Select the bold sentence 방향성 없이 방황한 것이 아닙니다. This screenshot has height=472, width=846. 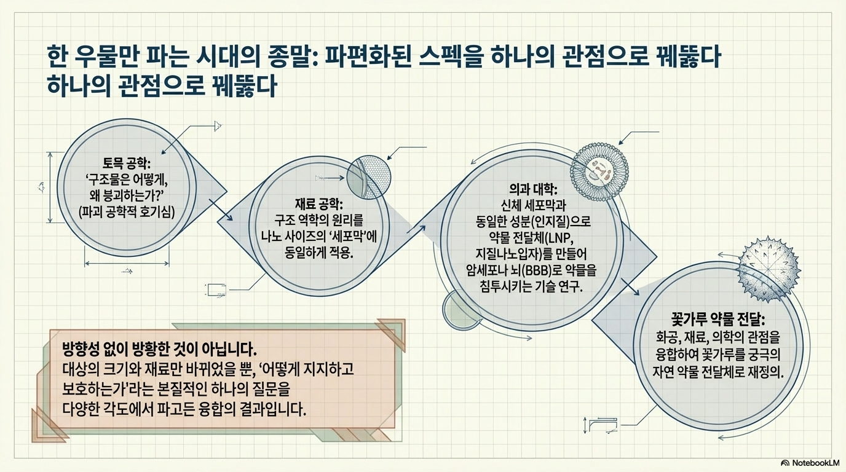point(159,349)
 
